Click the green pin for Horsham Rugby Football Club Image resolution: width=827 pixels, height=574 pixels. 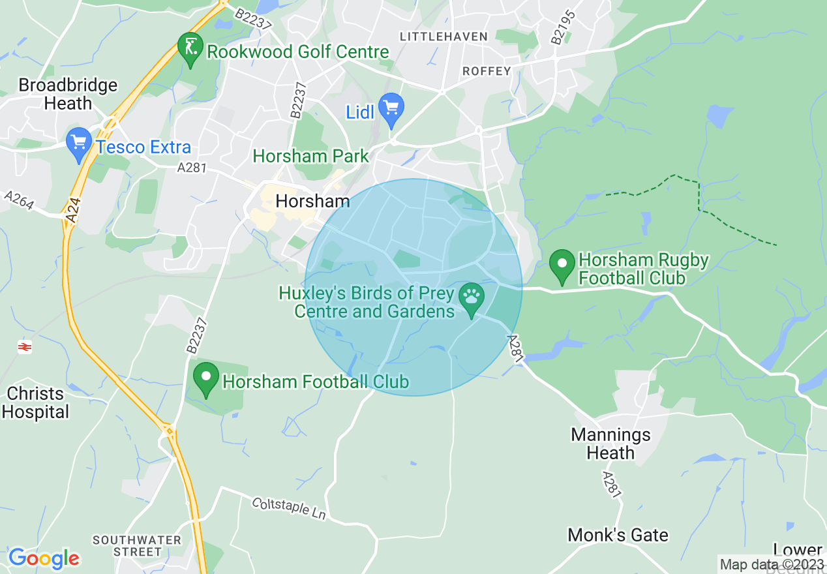562,266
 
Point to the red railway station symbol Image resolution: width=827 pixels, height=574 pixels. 25,347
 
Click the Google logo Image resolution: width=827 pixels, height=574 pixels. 44,558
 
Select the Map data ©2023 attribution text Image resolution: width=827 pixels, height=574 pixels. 771,564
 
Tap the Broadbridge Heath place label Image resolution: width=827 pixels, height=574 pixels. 68,94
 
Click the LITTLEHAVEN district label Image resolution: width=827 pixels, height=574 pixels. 444,37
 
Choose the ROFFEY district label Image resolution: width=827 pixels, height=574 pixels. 486,70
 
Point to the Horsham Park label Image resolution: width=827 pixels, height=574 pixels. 310,157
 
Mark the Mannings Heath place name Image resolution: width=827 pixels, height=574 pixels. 610,444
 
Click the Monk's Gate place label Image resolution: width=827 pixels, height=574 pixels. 618,536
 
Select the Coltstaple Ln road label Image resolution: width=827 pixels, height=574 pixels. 288,508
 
